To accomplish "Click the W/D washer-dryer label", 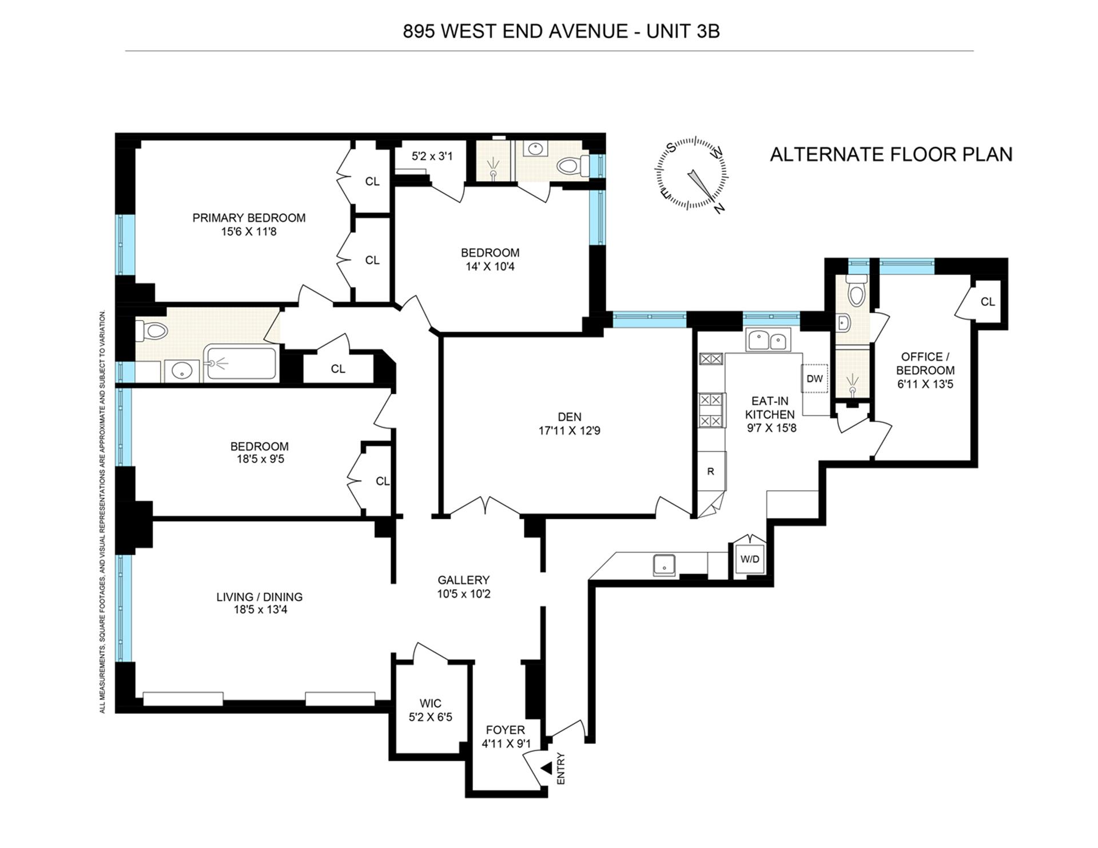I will (x=750, y=559).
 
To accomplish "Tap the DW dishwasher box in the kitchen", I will (x=814, y=378).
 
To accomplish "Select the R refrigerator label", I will (x=711, y=471).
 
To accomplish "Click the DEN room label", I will (x=569, y=417).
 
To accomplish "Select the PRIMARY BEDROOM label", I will (x=249, y=218).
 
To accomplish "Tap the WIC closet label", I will (x=430, y=703).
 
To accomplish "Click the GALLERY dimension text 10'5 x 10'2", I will (x=464, y=594).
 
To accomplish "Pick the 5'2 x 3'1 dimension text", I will (x=432, y=155).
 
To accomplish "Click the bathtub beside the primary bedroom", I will (x=241, y=362).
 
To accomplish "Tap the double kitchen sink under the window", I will (x=768, y=341).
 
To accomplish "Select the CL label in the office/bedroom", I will (x=988, y=302).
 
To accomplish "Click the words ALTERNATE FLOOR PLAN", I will (x=891, y=154).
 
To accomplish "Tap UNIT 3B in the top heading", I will (x=683, y=31).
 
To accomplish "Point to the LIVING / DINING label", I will (x=259, y=597).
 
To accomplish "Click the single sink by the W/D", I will (x=664, y=565).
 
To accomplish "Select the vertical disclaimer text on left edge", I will (x=102, y=511).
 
